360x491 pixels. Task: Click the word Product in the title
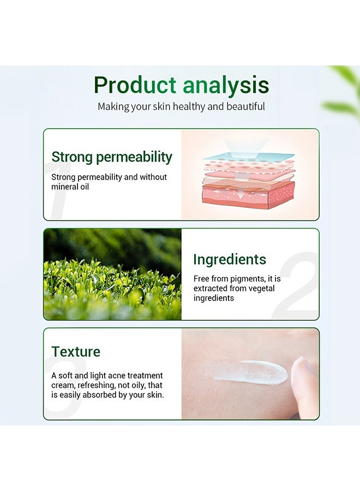135,86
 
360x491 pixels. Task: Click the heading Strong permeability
111,157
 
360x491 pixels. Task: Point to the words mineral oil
70,187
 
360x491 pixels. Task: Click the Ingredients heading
230,259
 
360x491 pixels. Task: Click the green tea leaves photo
112,274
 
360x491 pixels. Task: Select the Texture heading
76,352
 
